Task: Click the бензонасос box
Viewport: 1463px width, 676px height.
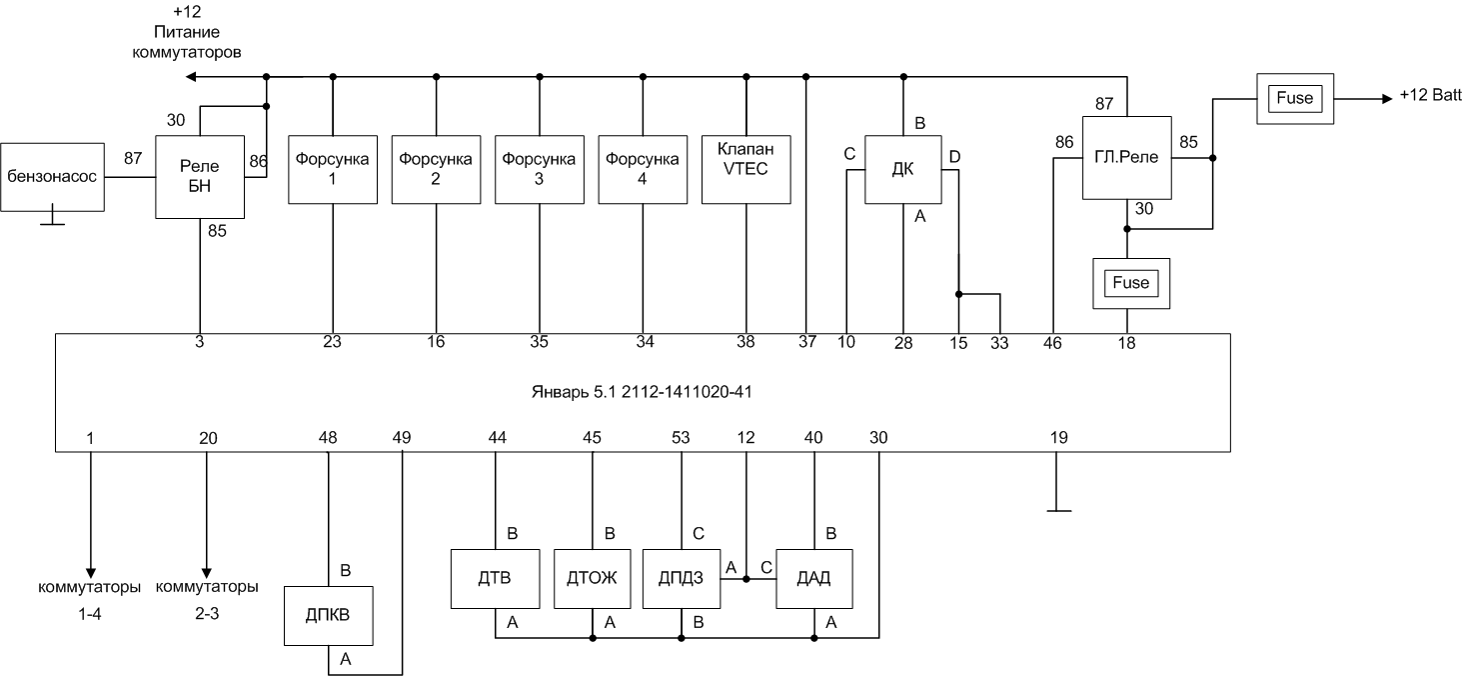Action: coord(52,177)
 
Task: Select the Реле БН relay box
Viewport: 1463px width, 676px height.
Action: coord(200,177)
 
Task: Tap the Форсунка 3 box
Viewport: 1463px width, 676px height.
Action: coord(540,169)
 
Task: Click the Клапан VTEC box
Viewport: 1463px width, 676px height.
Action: coord(745,169)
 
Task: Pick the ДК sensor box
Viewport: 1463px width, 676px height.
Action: coord(903,169)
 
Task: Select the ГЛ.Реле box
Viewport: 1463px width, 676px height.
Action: coord(1126,158)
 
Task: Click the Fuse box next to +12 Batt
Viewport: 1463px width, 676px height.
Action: coord(1295,99)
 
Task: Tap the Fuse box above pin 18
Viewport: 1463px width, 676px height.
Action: coord(1131,284)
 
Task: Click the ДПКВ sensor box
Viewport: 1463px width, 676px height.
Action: coord(328,615)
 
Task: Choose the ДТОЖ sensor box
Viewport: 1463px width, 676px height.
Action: coord(593,579)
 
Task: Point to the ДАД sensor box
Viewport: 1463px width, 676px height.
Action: coord(813,579)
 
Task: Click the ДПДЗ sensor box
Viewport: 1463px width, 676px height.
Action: coord(682,579)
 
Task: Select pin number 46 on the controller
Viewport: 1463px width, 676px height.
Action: coord(1052,343)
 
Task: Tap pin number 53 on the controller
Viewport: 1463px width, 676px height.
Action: coord(681,438)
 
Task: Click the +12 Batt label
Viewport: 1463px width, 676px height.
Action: coord(1430,95)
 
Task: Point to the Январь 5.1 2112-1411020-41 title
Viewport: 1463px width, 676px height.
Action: coord(642,392)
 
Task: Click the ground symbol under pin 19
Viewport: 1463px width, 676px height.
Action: coord(1058,510)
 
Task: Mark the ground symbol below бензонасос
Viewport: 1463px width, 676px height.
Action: coord(52,224)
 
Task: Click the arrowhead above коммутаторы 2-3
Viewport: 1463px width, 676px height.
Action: coord(207,573)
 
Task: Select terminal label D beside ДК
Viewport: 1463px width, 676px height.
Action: coord(954,157)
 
